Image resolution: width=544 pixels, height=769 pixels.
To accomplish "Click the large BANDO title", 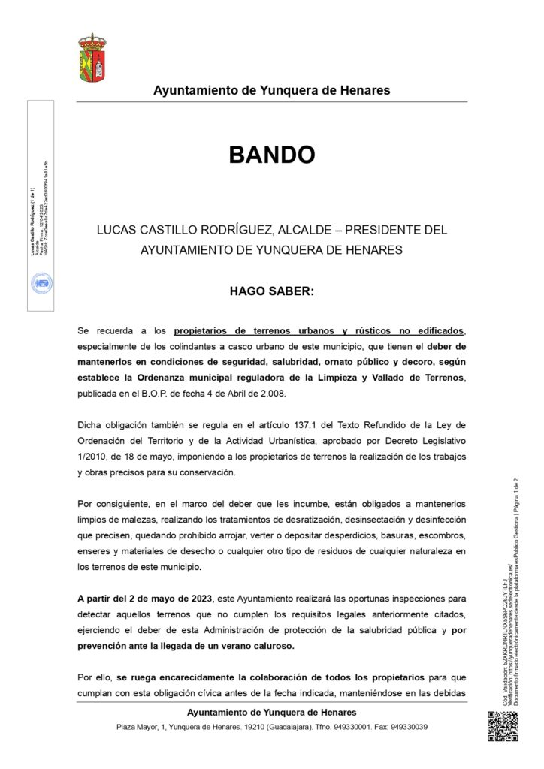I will click(271, 155).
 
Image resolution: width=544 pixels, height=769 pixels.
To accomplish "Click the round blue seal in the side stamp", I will click(41, 284).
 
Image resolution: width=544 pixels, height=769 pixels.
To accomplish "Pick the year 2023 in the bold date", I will click(198, 599).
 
